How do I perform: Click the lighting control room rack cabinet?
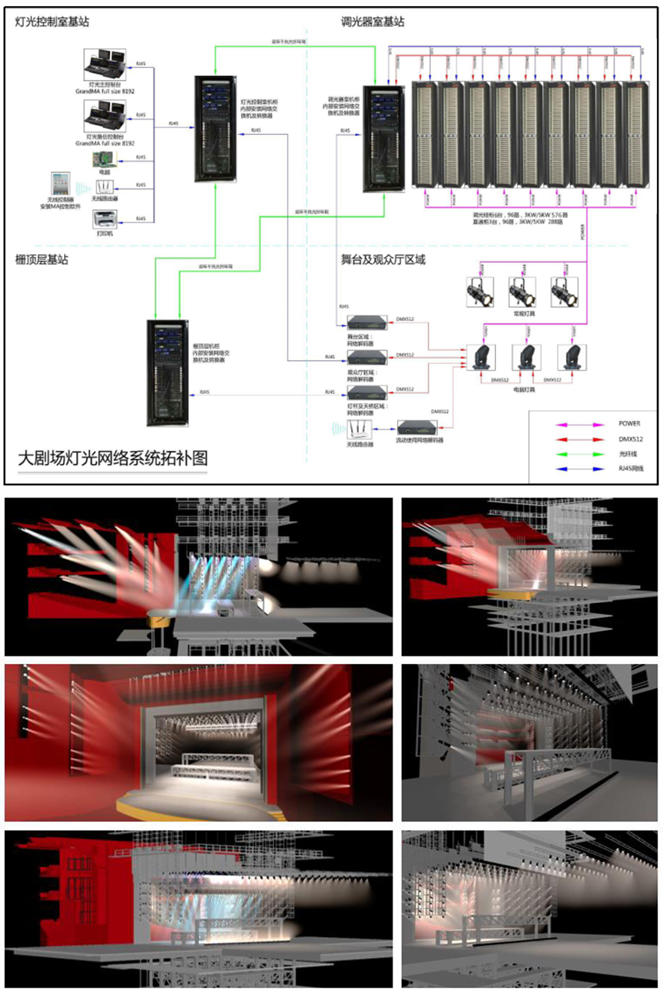[x=214, y=128]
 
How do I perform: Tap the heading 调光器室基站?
[x=373, y=22]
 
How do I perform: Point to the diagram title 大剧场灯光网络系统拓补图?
[x=112, y=458]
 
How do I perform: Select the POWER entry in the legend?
[x=629, y=424]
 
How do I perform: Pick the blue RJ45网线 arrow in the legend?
[x=577, y=469]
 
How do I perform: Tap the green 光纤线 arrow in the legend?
[x=577, y=455]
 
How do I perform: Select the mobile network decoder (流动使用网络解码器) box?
[x=417, y=427]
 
